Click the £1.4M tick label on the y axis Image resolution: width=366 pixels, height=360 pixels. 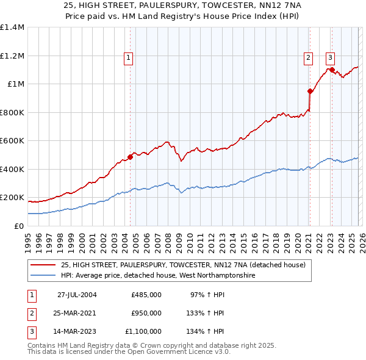pyautogui.click(x=12, y=27)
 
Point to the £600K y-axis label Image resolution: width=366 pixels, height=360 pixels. pyautogui.click(x=12, y=140)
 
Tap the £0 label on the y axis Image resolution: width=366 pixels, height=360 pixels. pyautogui.click(x=18, y=226)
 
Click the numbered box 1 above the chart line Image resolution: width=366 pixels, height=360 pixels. pyautogui.click(x=129, y=58)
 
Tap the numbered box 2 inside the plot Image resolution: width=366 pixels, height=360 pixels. pyautogui.click(x=308, y=58)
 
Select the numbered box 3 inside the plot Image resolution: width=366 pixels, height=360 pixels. pyautogui.click(x=330, y=58)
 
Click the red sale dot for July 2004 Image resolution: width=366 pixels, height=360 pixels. pyautogui.click(x=131, y=157)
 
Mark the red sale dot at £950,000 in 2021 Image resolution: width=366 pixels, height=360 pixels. pyautogui.click(x=310, y=92)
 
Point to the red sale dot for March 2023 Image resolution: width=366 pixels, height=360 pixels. pyautogui.click(x=331, y=70)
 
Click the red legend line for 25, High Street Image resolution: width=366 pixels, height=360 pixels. pyautogui.click(x=43, y=264)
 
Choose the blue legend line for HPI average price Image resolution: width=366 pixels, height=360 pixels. pyautogui.click(x=43, y=275)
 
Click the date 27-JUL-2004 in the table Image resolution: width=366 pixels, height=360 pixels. pyautogui.click(x=77, y=294)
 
